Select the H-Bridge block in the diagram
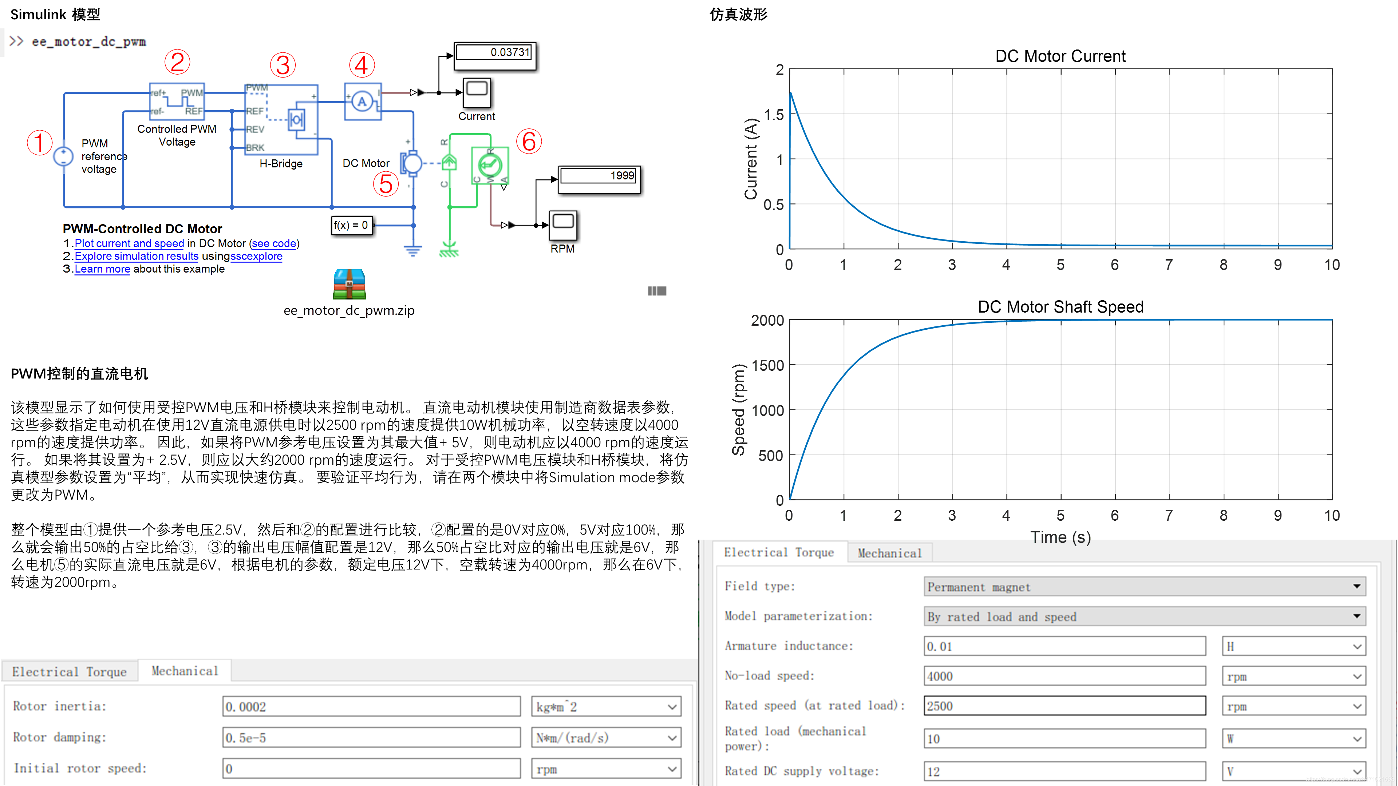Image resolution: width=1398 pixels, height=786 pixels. (x=281, y=119)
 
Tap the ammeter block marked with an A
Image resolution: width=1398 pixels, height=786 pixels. (x=363, y=102)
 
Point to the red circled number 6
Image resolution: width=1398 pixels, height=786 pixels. (x=529, y=142)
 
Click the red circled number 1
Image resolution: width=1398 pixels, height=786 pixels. (x=39, y=143)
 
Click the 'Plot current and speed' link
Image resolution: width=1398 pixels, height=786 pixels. (x=129, y=243)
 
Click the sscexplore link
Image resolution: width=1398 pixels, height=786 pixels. (x=256, y=256)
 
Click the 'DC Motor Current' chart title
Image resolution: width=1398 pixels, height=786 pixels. (x=1060, y=56)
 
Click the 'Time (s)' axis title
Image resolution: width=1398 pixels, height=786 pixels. (x=1060, y=537)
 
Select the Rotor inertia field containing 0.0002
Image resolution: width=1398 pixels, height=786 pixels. (x=371, y=707)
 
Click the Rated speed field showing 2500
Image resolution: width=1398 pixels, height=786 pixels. (x=1064, y=706)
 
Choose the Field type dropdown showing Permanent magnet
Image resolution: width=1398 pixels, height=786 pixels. (x=1144, y=586)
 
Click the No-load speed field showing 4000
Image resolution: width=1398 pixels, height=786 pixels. (x=1064, y=676)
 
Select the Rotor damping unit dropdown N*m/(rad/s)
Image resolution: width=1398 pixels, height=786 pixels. (x=606, y=738)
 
